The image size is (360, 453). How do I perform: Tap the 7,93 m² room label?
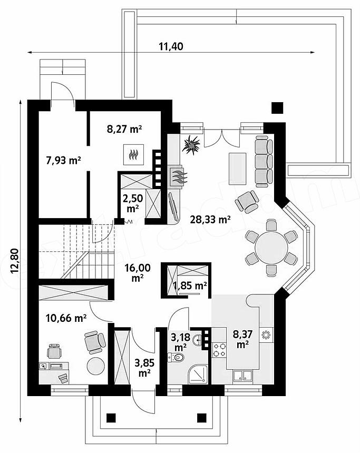coord(63,160)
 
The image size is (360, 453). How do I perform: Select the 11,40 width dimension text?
coord(171,46)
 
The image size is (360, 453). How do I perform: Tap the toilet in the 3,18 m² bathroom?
coord(176,358)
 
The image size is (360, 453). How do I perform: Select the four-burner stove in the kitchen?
coord(219,349)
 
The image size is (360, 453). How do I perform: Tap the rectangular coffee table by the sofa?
coord(237,169)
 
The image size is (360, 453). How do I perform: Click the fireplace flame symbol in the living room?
coord(177,175)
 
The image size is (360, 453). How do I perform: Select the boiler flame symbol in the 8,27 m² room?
coord(133,154)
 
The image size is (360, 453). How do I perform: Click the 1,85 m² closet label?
coord(190,285)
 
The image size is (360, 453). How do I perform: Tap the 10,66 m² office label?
coord(66,318)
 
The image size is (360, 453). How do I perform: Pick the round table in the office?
coord(96,366)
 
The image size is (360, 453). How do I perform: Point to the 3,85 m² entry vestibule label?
coord(144,367)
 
